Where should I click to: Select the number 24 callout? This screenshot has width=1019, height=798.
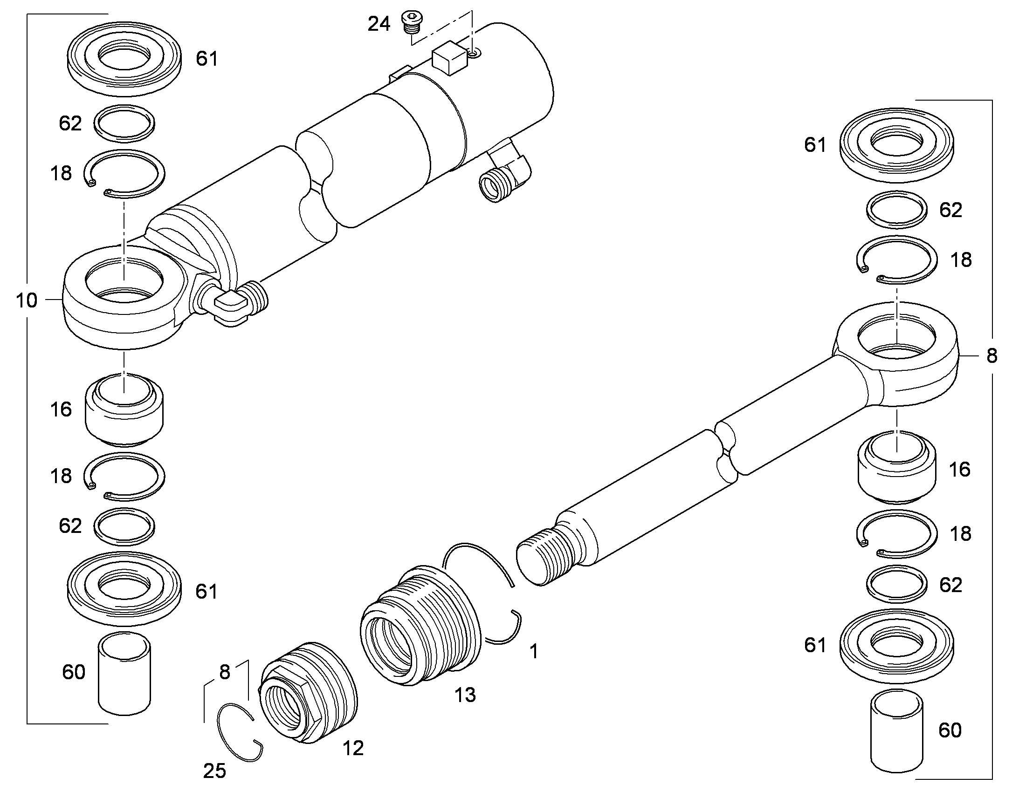[x=379, y=24]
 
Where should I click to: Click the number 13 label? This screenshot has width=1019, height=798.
[x=465, y=695]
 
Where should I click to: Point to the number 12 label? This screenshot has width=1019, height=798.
[x=353, y=748]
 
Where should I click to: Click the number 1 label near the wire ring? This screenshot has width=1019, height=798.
[x=534, y=651]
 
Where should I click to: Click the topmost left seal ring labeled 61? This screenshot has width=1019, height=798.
[x=124, y=59]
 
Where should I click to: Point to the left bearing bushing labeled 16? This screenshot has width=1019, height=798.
[x=124, y=410]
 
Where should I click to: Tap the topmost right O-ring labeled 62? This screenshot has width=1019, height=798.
[x=897, y=210]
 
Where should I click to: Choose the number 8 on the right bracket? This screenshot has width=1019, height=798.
[x=992, y=356]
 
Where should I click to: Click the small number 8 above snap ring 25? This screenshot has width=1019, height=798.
[x=225, y=672]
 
